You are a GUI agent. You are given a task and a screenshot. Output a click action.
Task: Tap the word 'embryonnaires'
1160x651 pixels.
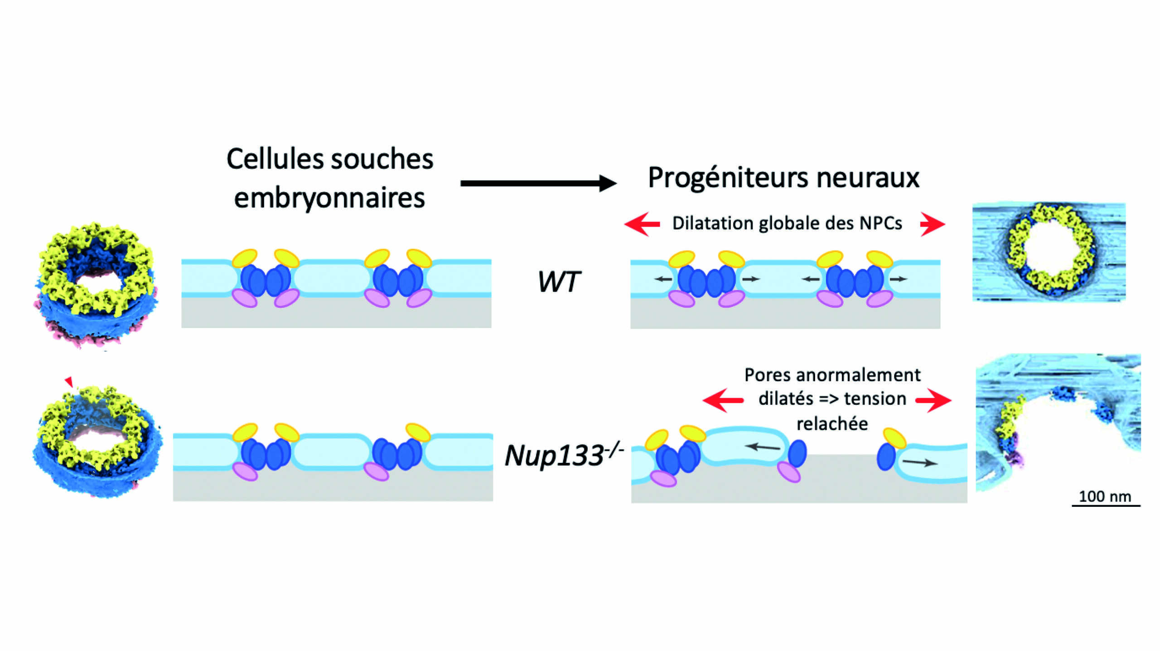pos(329,198)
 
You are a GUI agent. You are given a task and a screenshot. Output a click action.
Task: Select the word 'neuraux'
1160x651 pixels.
pos(868,178)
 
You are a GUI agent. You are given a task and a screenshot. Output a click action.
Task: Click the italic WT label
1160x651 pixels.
pos(558,282)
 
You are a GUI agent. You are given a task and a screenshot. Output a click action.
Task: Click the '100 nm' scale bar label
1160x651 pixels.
pos(1105,496)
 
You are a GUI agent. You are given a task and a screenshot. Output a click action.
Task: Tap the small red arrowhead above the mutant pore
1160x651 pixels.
pos(69,381)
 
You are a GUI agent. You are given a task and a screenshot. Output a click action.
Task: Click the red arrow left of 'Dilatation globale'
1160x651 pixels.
pos(642,224)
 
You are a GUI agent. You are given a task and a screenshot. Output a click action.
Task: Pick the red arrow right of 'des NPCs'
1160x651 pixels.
pos(933,224)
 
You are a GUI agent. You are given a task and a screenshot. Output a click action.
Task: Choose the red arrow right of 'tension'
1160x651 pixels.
pos(933,400)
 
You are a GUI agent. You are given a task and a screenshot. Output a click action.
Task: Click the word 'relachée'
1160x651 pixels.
pos(832,424)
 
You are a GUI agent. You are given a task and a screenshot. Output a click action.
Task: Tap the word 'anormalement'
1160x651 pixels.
pos(858,375)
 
